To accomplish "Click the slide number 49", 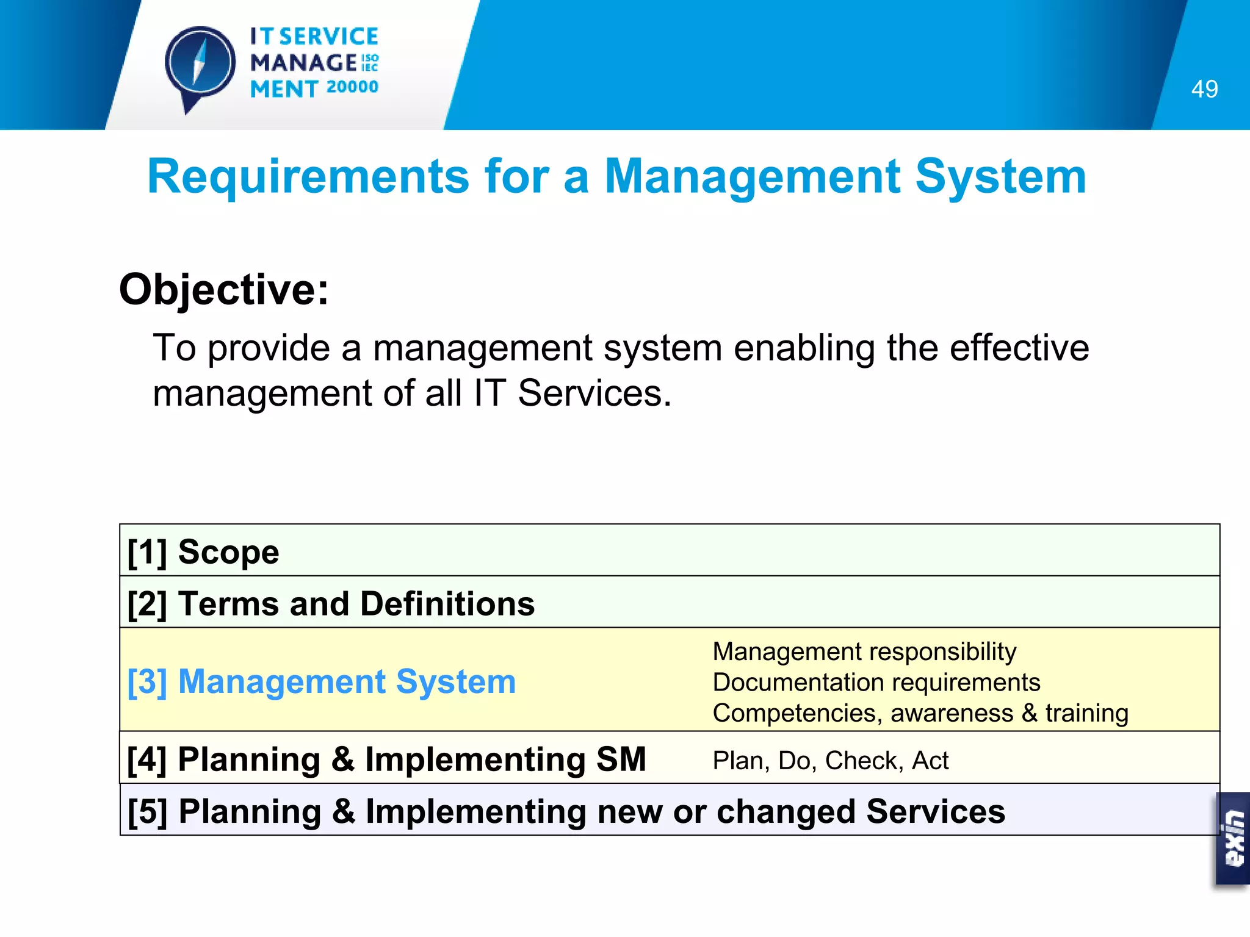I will coord(1204,89).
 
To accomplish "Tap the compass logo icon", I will coord(200,65).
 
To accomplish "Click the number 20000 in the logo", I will coord(352,87).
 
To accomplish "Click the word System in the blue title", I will coord(1000,177).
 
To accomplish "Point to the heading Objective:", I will coord(224,289).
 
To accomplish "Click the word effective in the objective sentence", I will coord(1019,348).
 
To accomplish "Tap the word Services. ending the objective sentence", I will coord(594,393).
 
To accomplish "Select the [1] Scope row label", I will coord(203,552).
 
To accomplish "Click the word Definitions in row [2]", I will coord(447,604).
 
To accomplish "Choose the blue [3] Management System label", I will coord(322,681).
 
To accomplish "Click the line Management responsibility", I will coord(864,652).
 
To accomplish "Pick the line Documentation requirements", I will coord(876,682).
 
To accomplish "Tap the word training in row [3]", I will coord(1086,713).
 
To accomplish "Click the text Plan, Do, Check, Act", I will coord(830,761).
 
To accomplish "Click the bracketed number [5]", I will coord(147,812).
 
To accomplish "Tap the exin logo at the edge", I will coord(1234,839).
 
